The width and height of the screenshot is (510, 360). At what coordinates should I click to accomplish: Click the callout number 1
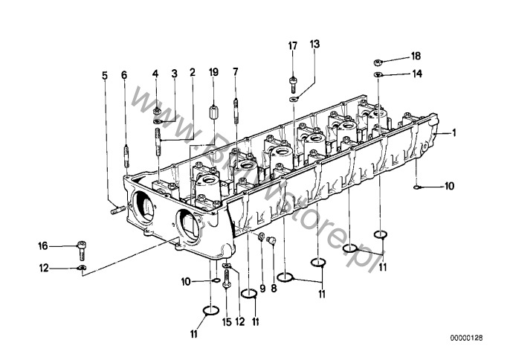click(x=454, y=133)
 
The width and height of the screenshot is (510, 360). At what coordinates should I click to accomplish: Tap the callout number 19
click(x=213, y=72)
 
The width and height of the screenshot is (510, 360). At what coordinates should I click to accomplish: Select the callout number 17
click(x=293, y=46)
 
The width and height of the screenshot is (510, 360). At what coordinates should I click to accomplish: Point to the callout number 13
click(x=314, y=44)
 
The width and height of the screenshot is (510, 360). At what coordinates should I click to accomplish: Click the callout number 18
click(x=416, y=56)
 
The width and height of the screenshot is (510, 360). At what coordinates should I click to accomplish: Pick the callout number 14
click(x=417, y=74)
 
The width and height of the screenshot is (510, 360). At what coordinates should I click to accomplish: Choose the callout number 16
click(x=43, y=245)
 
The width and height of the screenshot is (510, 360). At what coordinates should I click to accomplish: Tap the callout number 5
click(x=104, y=76)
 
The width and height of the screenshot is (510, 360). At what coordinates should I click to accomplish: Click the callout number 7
click(x=236, y=71)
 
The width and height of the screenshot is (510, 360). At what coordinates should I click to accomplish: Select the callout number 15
click(x=227, y=322)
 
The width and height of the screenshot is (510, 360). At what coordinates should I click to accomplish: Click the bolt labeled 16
click(x=82, y=250)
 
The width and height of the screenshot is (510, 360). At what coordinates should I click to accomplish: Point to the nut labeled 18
click(x=378, y=62)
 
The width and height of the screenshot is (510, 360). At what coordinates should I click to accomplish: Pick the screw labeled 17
click(x=293, y=84)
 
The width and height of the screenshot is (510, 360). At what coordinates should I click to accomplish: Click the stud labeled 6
click(x=126, y=155)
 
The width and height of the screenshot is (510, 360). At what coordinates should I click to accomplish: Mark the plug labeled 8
click(x=271, y=241)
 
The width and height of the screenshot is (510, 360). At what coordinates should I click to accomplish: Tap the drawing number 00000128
click(x=466, y=338)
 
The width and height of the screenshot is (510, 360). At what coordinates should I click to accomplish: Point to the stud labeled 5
click(x=118, y=210)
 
